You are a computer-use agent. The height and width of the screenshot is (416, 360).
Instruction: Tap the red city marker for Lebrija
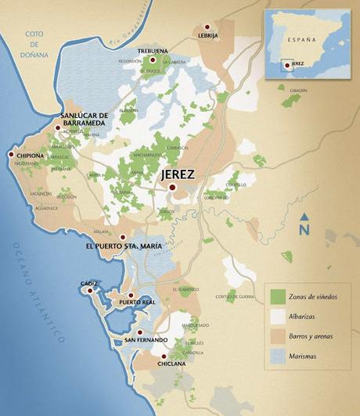coord(207,27)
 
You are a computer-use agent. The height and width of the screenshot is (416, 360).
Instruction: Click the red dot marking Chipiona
coord(11,155)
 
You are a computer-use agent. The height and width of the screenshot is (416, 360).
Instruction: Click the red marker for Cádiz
coord(92,290)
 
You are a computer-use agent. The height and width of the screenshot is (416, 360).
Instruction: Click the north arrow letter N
coord(304,229)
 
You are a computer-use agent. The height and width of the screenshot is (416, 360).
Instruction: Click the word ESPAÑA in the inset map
coord(302,38)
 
